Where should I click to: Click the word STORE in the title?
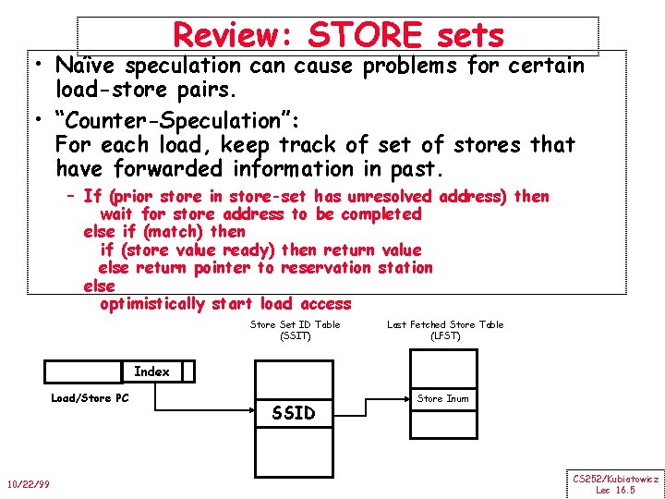pyautogui.click(x=367, y=35)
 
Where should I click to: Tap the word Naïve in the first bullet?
pyautogui.click(x=85, y=67)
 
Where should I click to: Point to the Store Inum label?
pyautogui.click(x=442, y=399)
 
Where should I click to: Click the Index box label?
pyautogui.click(x=151, y=371)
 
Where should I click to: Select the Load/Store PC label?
pyautogui.click(x=90, y=398)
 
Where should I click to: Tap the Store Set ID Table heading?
pyautogui.click(x=295, y=324)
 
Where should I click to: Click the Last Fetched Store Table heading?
pyautogui.click(x=445, y=324)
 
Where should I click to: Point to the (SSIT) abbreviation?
pyautogui.click(x=295, y=335)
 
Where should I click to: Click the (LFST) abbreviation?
pyautogui.click(x=445, y=335)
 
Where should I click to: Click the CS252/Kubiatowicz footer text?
pyautogui.click(x=615, y=479)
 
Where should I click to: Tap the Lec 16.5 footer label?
pyautogui.click(x=615, y=490)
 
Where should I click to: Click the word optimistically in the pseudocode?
pyautogui.click(x=152, y=304)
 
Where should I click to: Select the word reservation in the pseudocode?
pyautogui.click(x=329, y=268)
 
